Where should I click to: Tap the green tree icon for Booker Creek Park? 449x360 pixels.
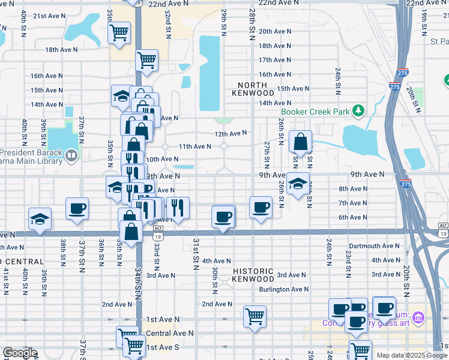[358, 110]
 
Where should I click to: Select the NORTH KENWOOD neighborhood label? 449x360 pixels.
[256, 89]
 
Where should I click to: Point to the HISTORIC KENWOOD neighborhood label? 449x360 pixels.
[253, 275]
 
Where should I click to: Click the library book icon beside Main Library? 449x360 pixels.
[71, 156]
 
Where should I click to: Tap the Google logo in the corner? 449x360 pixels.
[20, 353]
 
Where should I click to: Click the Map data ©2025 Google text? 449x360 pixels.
[411, 355]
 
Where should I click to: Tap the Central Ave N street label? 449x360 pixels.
[170, 332]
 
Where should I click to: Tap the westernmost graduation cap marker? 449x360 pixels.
[40, 218]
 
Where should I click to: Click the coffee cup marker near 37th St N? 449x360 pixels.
[77, 208]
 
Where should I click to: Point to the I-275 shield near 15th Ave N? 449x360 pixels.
[394, 87]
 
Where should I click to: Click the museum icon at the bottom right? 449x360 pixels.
[419, 317]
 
